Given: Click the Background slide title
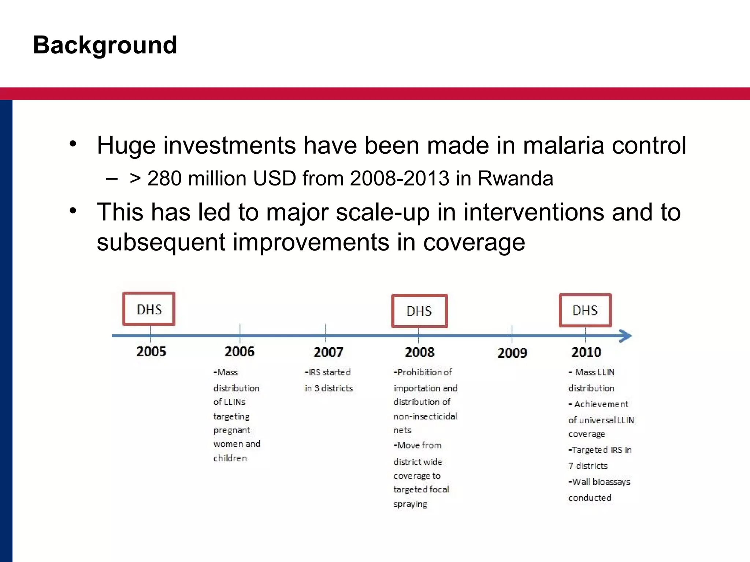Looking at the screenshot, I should [105, 45].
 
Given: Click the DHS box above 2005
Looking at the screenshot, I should [149, 309].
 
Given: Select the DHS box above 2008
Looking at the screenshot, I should [419, 311].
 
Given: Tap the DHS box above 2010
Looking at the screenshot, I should [585, 310].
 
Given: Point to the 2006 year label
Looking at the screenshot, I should [240, 352].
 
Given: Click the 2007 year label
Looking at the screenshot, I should [328, 352].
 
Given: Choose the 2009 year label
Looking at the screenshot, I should [512, 353].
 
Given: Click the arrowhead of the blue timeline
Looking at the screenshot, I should [625, 336].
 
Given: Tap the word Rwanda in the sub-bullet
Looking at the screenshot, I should [515, 179].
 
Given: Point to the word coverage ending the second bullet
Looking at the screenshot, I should [474, 242].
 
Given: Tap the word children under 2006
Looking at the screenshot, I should [230, 458].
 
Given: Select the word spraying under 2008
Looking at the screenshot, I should [410, 504].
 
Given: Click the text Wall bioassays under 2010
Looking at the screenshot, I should [601, 482].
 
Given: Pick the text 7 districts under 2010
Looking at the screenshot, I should [588, 466].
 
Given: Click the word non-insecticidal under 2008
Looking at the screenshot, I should [425, 416].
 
